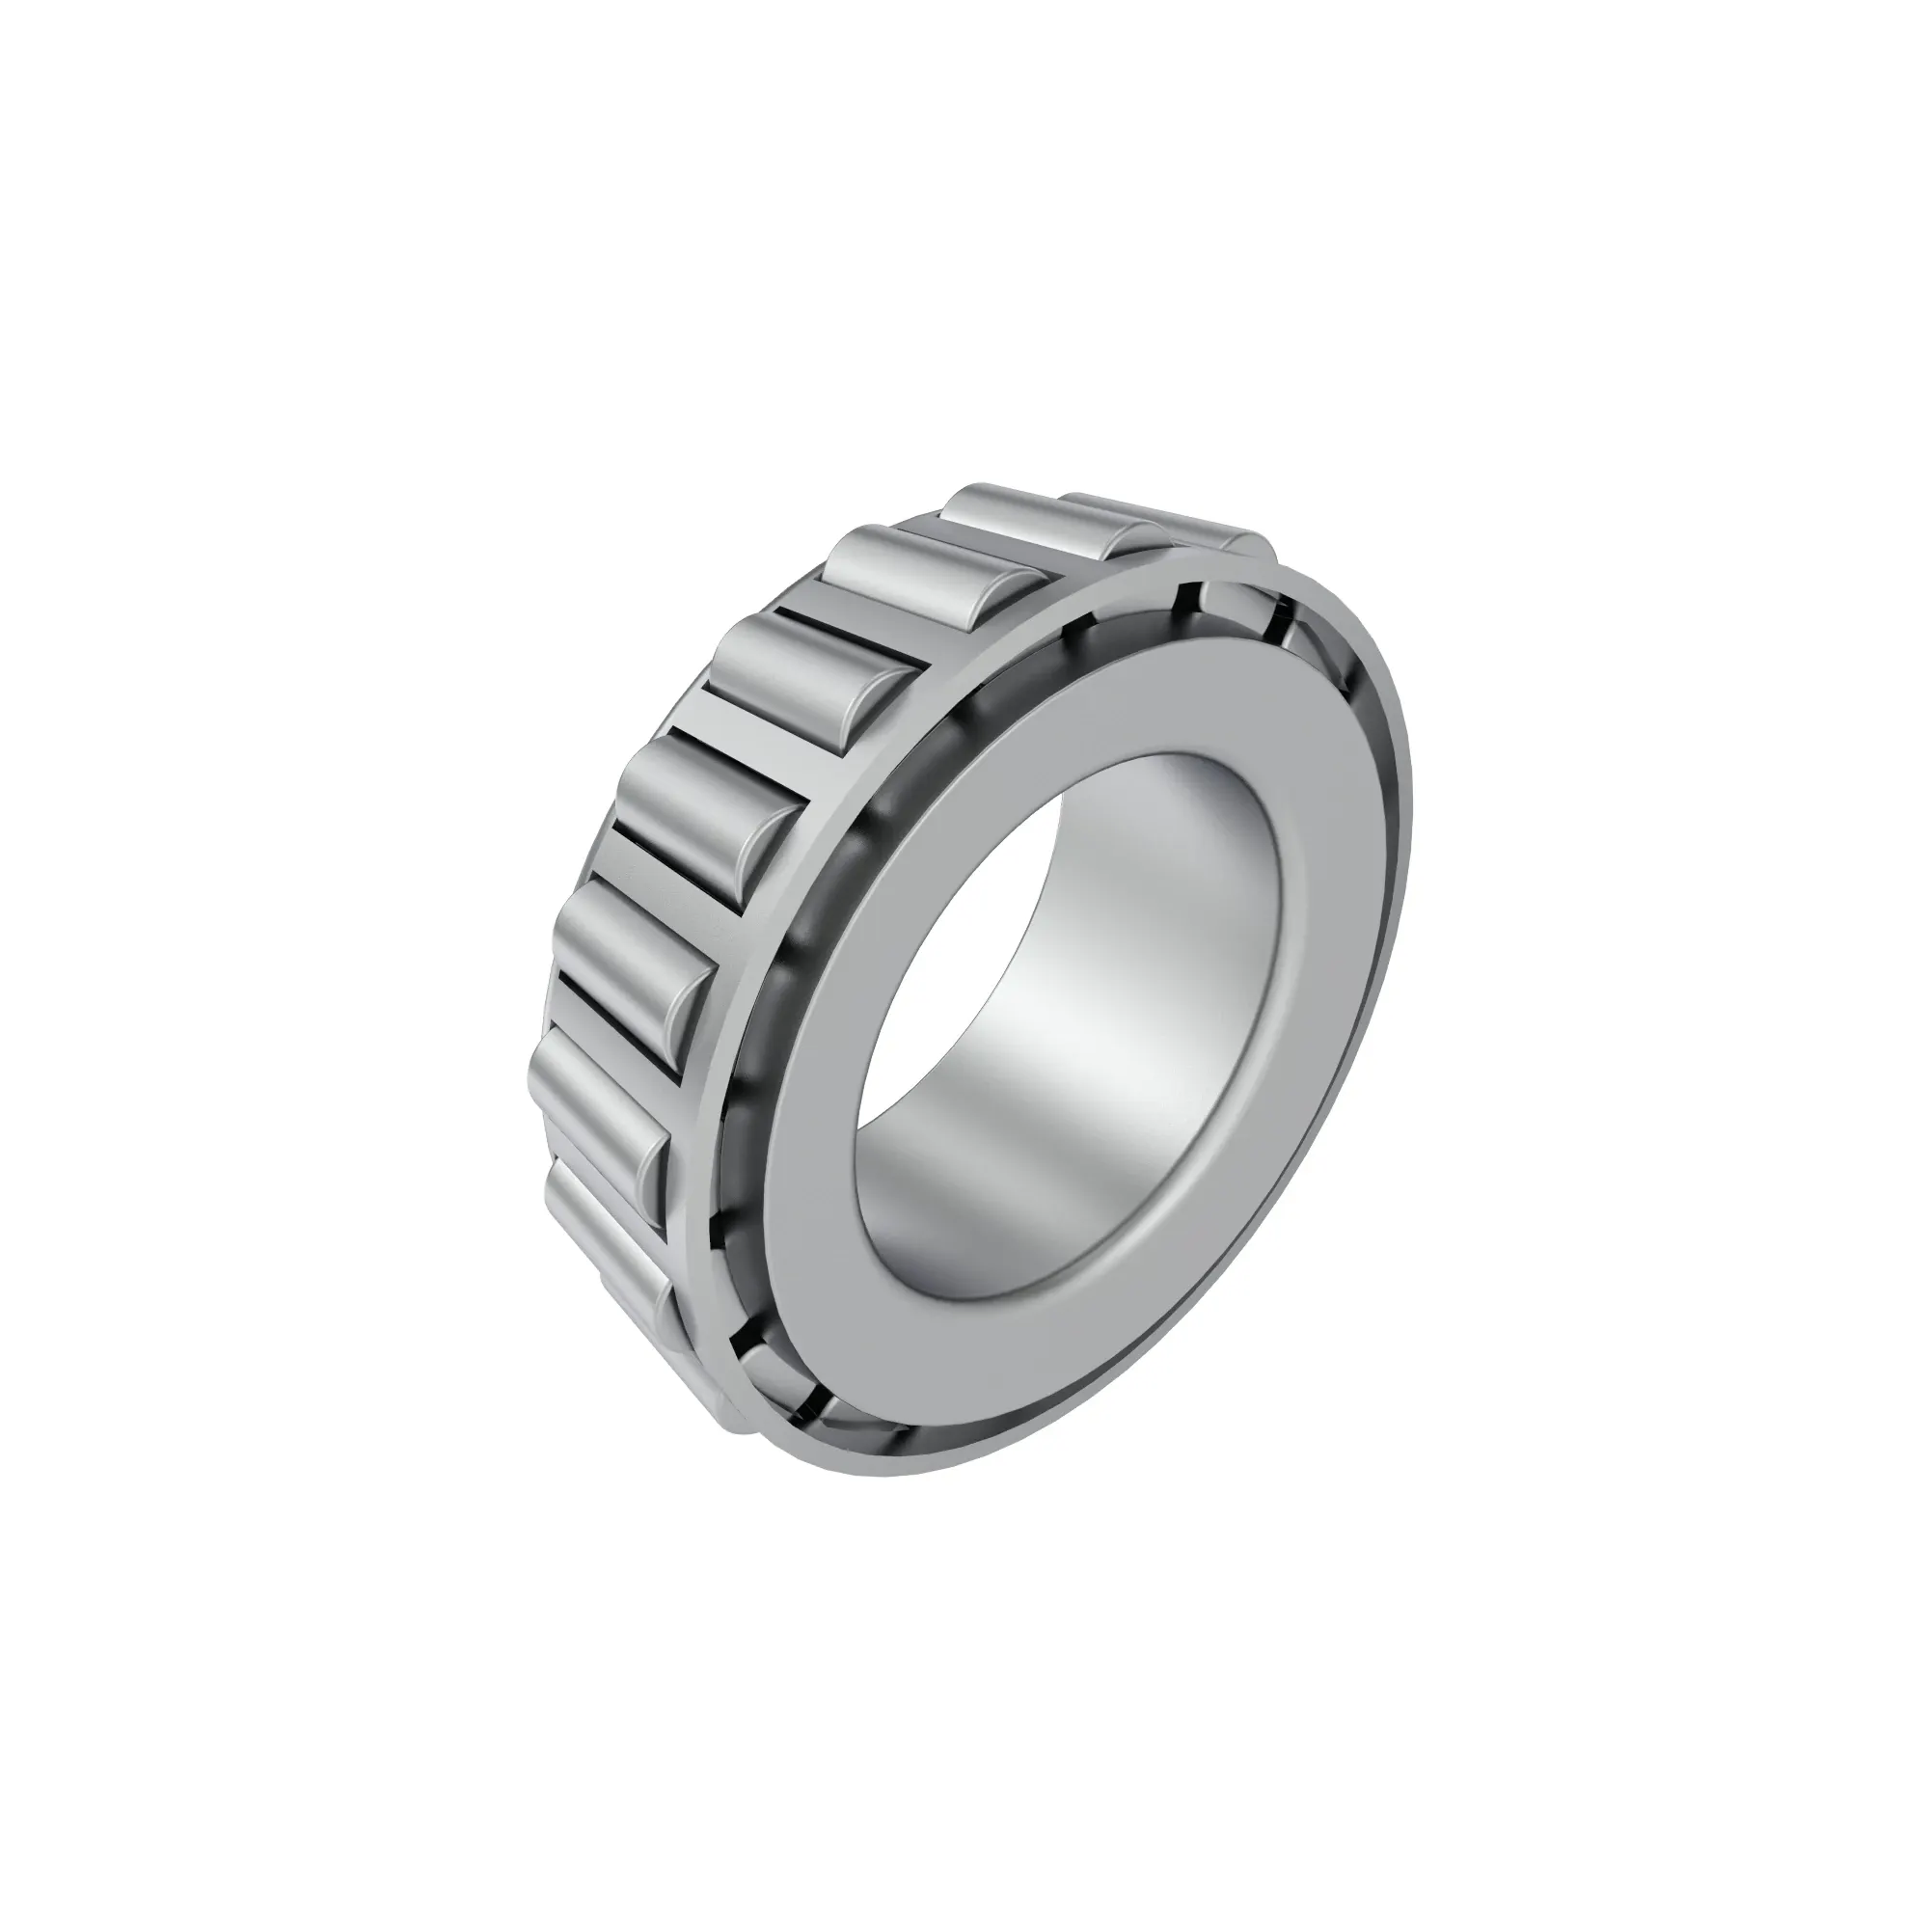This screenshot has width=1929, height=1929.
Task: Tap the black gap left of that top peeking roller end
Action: coord(1186,597)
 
